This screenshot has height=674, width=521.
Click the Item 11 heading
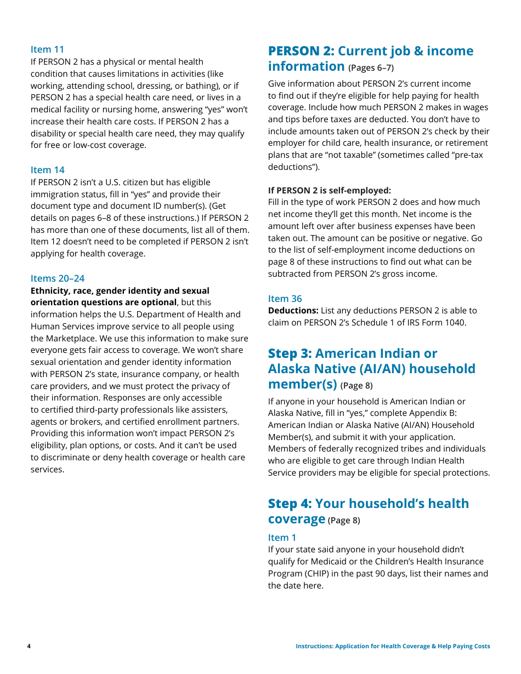(x=47, y=49)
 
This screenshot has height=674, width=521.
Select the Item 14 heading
(x=47, y=170)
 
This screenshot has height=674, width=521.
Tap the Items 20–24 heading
(x=58, y=278)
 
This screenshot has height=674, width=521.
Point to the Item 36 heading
(x=285, y=299)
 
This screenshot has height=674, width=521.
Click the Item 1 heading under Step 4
(x=282, y=538)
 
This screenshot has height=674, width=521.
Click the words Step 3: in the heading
(x=290, y=353)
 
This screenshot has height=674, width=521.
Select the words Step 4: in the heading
(x=290, y=504)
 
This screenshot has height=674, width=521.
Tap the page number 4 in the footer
(x=29, y=647)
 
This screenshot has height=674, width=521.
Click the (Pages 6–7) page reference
(x=371, y=68)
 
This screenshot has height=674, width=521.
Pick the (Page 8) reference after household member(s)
(x=356, y=386)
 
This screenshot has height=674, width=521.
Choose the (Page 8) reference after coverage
(x=344, y=521)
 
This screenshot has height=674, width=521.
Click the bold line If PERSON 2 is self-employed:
(x=330, y=190)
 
